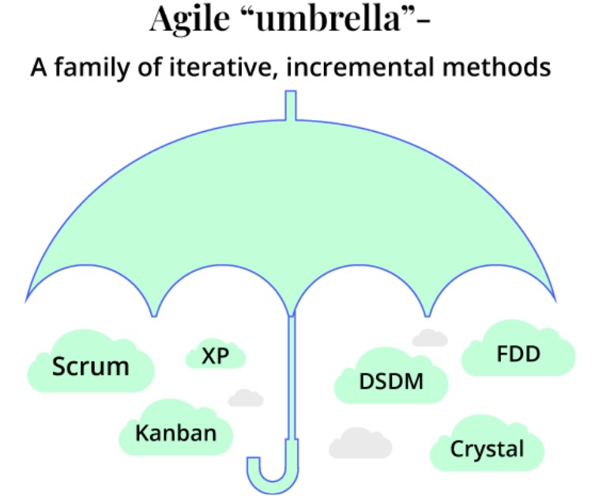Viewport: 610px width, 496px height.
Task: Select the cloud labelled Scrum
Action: [x=90, y=366]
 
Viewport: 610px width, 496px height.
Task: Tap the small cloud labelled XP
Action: [x=215, y=356]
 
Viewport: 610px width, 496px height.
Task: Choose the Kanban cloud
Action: [x=175, y=433]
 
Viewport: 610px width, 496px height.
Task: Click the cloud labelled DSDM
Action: [x=391, y=381]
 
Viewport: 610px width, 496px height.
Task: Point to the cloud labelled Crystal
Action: [x=487, y=449]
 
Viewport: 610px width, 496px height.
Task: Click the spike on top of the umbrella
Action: [x=290, y=106]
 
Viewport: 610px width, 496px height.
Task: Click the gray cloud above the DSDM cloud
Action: [x=430, y=338]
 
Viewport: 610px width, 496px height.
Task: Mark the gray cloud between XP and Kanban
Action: [x=246, y=397]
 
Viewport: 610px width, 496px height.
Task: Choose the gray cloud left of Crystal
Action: [x=360, y=445]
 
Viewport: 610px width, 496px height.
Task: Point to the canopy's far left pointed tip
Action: [x=28, y=299]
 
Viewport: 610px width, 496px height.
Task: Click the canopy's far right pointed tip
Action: [x=555, y=299]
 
